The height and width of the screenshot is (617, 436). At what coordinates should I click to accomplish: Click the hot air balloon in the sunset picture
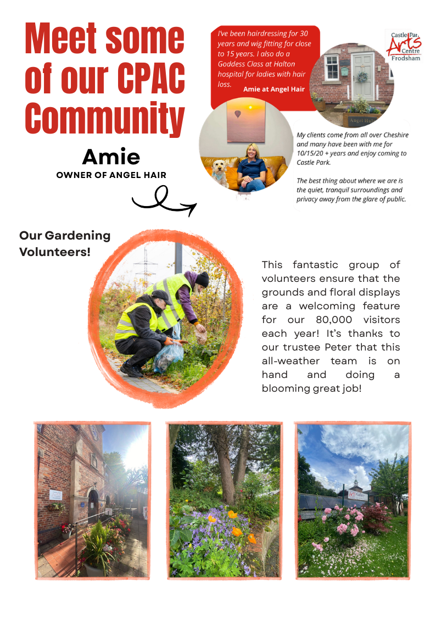tap(238, 114)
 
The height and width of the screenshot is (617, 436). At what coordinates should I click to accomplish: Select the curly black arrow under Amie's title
tap(163, 201)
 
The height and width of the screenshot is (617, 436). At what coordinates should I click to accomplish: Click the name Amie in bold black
tap(111, 157)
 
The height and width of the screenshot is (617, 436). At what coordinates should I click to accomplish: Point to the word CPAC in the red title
tap(147, 79)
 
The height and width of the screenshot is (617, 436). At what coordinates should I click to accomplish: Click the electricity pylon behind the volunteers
tap(146, 264)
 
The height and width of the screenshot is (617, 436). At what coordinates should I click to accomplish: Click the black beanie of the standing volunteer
tap(202, 279)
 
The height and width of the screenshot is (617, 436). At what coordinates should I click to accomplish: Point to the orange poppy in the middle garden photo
tap(236, 531)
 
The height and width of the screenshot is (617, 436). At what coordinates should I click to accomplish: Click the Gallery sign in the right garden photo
tap(360, 493)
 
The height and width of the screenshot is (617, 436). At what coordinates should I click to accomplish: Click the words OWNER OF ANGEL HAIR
tap(111, 175)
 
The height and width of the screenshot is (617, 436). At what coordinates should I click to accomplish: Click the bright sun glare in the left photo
tap(136, 452)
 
